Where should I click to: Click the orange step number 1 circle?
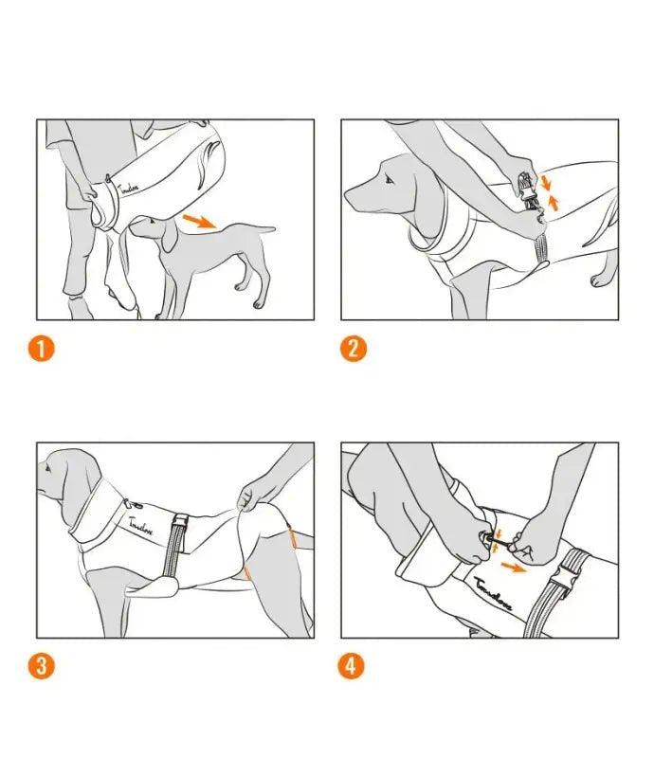[42, 348]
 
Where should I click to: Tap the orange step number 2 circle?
[352, 348]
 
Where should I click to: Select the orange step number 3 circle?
[42, 666]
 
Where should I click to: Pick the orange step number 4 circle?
[352, 666]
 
